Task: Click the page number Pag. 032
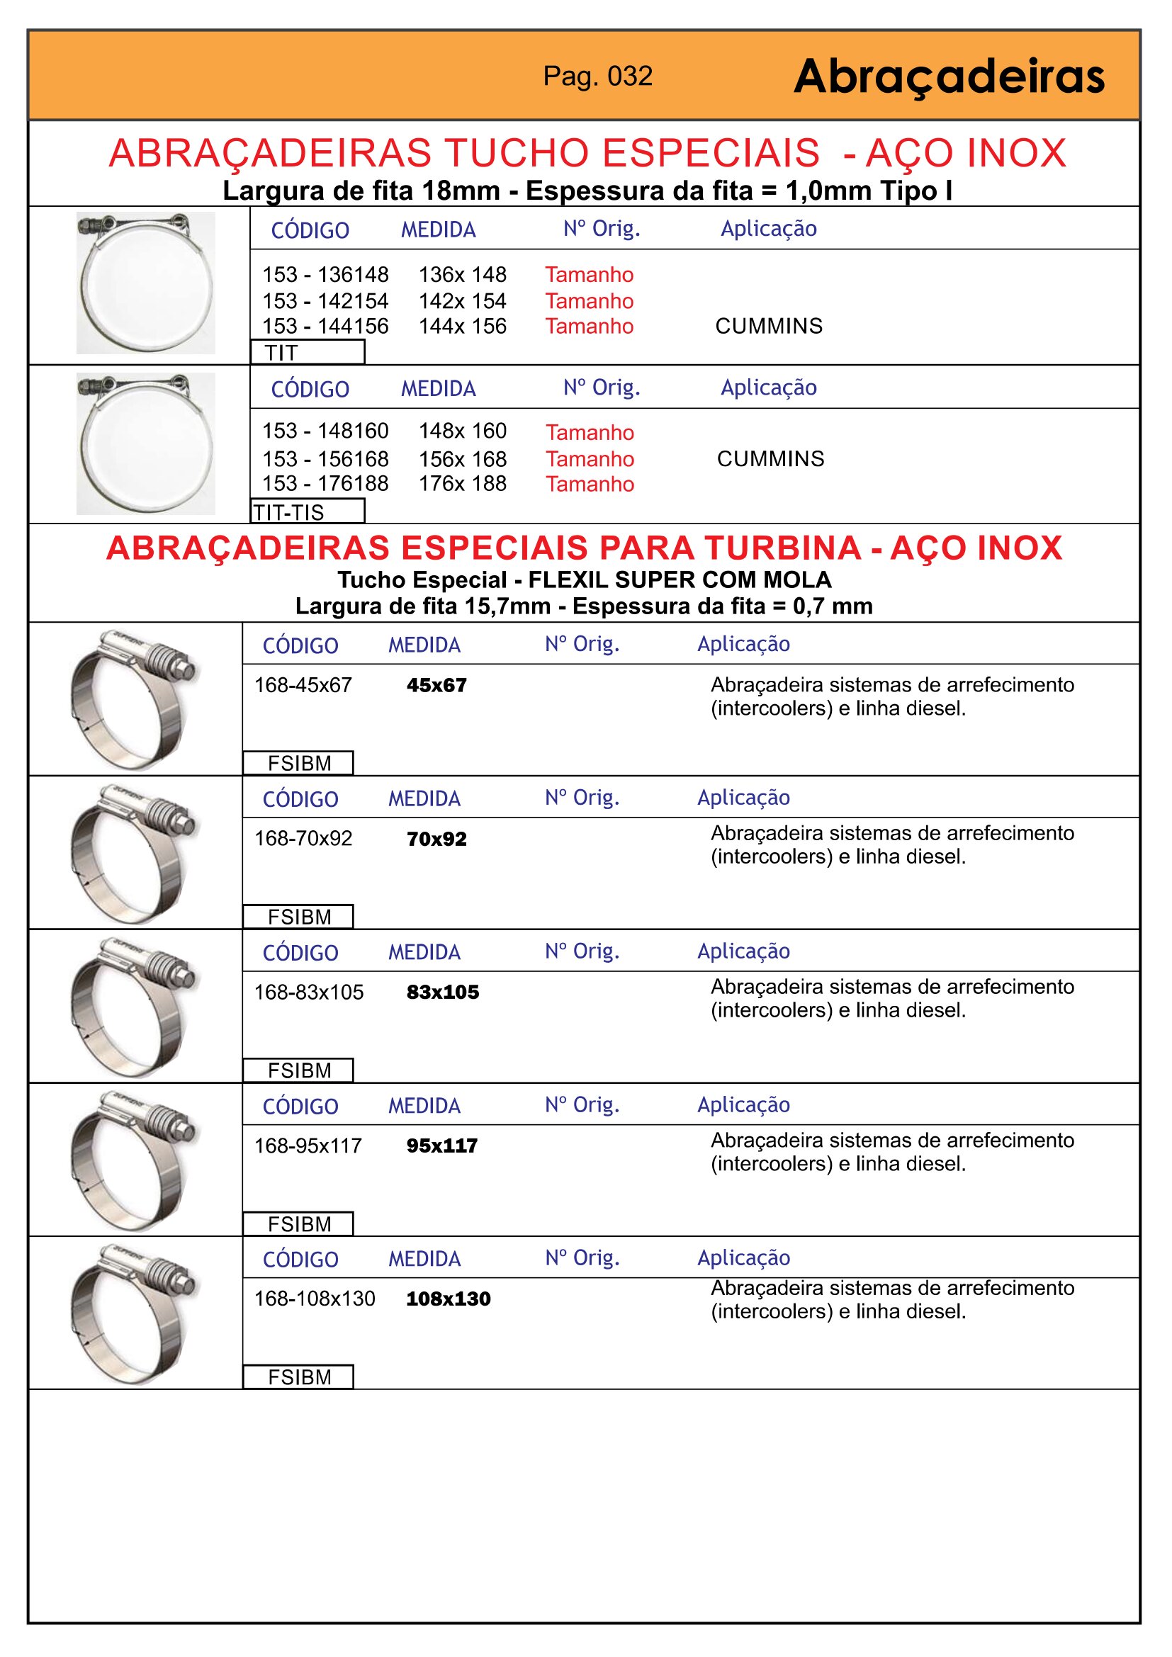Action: [x=597, y=77]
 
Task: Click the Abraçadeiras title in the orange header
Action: [x=948, y=77]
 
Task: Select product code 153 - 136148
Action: [x=325, y=275]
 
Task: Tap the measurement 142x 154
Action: [x=462, y=301]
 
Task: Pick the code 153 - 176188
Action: [x=325, y=484]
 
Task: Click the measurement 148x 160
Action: [x=462, y=431]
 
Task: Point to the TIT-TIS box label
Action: [x=288, y=512]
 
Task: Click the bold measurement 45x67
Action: [x=436, y=685]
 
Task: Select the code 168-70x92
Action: [x=303, y=839]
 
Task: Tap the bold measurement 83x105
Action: [x=442, y=992]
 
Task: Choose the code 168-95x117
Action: [x=308, y=1146]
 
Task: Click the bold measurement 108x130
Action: [x=448, y=1299]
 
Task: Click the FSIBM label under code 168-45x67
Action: [x=299, y=764]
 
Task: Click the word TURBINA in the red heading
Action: [x=782, y=548]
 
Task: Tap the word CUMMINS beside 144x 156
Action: [x=769, y=326]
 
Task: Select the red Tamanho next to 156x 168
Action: [x=590, y=459]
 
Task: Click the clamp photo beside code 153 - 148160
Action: [x=146, y=444]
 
